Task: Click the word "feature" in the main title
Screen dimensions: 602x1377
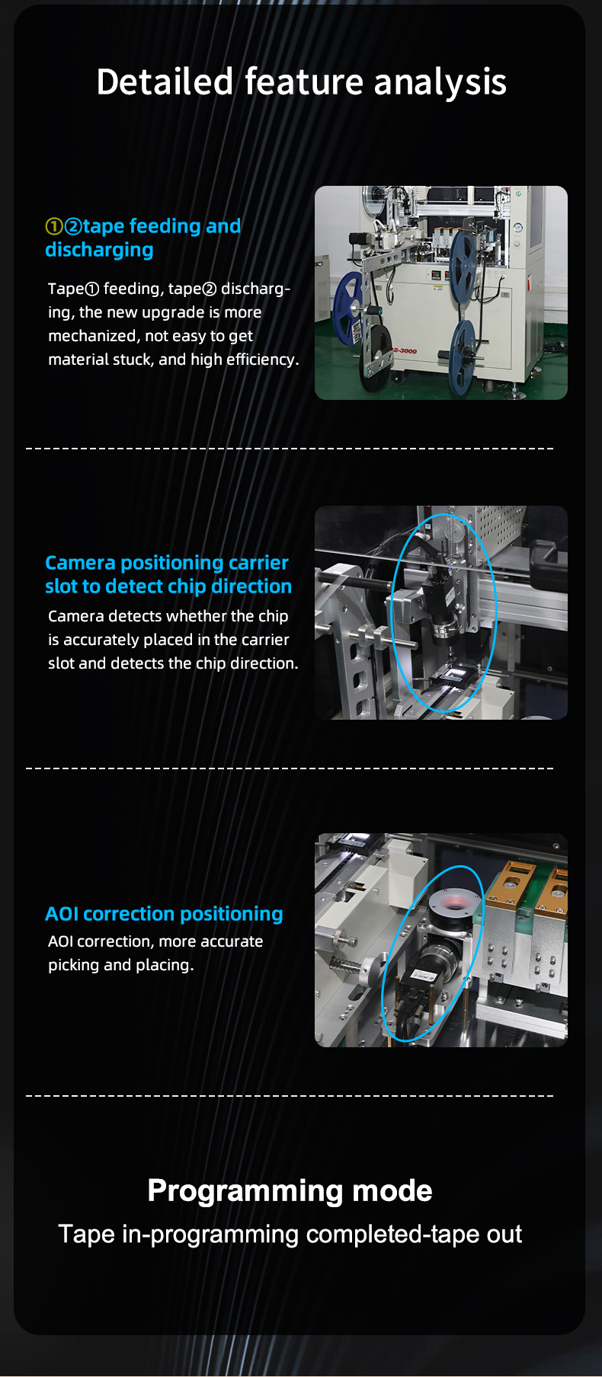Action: (x=304, y=81)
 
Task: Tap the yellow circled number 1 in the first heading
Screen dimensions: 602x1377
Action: (x=54, y=227)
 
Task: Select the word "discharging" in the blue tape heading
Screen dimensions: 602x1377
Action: (x=99, y=250)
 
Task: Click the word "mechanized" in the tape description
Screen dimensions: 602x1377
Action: (x=91, y=336)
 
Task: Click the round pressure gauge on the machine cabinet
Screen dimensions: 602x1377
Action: (x=518, y=227)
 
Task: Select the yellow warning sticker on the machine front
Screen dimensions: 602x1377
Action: (x=437, y=288)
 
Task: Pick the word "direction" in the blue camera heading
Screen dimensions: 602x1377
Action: (x=251, y=586)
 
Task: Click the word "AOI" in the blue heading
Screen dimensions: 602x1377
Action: (x=62, y=914)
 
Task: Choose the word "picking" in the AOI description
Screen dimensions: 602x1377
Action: (x=74, y=965)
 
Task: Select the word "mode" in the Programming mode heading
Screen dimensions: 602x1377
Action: (x=392, y=1190)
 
